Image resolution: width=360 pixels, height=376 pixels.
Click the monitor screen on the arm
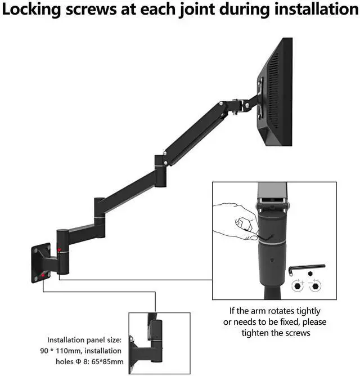(x=277, y=90)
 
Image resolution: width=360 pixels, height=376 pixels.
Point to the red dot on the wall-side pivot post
(x=59, y=249)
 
